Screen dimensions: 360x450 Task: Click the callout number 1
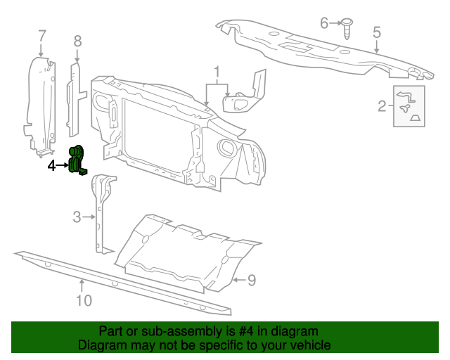[217, 72]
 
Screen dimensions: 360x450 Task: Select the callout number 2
[382, 106]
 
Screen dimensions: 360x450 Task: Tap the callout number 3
[77, 217]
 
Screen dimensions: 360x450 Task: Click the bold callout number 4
[52, 166]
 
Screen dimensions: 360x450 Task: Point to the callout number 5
[377, 32]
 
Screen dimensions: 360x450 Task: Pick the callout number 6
[324, 23]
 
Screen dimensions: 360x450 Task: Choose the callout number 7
[41, 35]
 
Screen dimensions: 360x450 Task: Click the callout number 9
[251, 281]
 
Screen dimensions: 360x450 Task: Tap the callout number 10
[84, 300]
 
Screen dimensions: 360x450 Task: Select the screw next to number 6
[347, 26]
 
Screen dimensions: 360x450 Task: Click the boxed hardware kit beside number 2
[408, 106]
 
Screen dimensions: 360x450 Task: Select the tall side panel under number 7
[40, 105]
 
